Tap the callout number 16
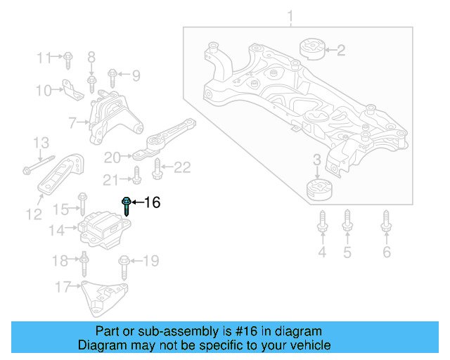[x=152, y=203]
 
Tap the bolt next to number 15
[x=82, y=207]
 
